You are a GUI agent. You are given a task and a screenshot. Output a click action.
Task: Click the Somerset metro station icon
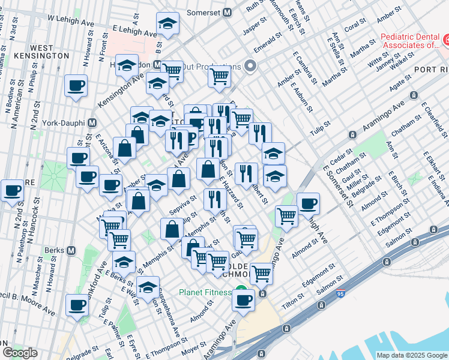[x=228, y=12]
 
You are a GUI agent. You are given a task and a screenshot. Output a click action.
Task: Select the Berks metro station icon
[x=71, y=250]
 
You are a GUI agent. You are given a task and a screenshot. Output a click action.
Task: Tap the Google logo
[x=20, y=353]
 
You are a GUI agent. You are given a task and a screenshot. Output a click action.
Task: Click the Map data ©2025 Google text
[x=411, y=355]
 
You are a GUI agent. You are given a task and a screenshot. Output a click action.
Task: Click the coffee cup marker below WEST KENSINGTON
[x=76, y=86]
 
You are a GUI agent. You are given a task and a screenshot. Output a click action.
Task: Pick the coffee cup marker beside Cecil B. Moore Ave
[x=77, y=305]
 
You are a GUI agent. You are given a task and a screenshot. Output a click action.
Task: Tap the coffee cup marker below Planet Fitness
[x=244, y=300]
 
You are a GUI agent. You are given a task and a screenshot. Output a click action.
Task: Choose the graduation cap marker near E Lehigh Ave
[x=168, y=25]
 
